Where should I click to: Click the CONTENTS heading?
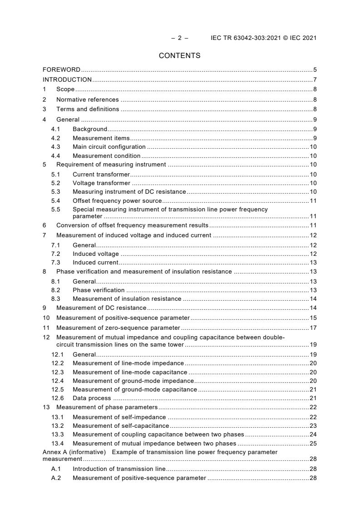[179, 56]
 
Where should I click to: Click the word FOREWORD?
[61, 70]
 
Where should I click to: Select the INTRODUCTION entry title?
[67, 79]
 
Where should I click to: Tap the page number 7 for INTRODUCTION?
[315, 79]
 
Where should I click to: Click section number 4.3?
[55, 147]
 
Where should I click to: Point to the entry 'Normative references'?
[87, 99]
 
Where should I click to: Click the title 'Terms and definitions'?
[88, 109]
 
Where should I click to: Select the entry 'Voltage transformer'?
[101, 183]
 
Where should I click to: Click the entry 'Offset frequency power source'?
[117, 201]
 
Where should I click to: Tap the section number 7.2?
[55, 254]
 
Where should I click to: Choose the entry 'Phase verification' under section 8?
[99, 290]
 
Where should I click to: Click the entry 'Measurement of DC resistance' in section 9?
[101, 308]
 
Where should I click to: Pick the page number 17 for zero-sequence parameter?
[313, 328]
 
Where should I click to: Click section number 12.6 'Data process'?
[57, 398]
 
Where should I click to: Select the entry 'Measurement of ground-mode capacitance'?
[135, 389]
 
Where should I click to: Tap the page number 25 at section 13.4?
[313, 443]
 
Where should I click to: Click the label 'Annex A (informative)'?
[74, 452]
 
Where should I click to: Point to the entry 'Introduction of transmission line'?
[119, 469]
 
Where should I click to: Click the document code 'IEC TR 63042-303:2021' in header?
[243, 38]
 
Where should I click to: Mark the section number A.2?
[56, 478]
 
